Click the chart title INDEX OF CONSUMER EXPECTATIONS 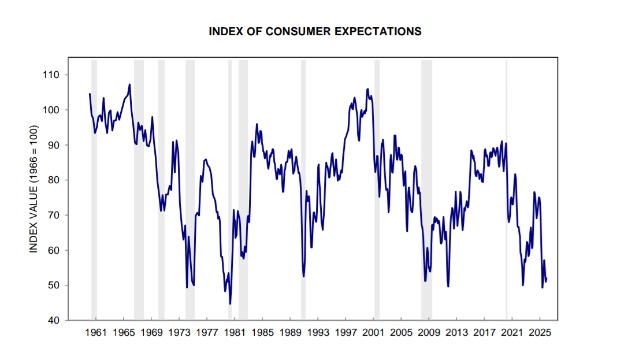pos(315,32)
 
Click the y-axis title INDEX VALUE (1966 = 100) pos(34,189)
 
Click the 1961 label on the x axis pos(95,333)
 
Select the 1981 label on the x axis pos(235,333)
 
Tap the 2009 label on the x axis pos(429,333)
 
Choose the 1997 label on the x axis pos(346,333)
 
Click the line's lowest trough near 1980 pos(230,303)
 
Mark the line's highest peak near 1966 pos(129,84)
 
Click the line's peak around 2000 pos(367,89)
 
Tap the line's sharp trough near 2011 pos(448,286)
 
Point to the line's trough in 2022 pos(523,284)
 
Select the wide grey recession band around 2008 pos(426,191)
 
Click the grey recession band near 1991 pos(303,191)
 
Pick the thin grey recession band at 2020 pos(507,191)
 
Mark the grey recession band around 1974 pos(190,191)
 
